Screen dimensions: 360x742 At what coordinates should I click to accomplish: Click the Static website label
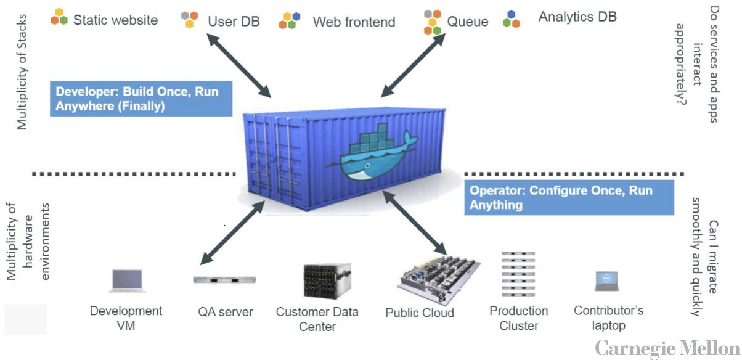[115, 20]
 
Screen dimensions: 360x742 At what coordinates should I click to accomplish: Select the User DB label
[234, 22]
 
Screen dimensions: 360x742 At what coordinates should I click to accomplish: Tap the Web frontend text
[354, 22]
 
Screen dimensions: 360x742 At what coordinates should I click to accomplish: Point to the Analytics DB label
[577, 17]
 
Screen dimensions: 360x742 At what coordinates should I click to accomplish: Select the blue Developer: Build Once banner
[141, 99]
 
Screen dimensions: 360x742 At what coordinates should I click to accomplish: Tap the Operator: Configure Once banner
[568, 198]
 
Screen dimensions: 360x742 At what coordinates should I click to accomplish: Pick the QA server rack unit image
[225, 279]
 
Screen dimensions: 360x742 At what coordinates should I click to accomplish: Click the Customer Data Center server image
[327, 281]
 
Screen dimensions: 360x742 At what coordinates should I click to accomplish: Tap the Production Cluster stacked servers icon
[518, 275]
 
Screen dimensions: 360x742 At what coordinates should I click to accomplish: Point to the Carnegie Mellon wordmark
[667, 348]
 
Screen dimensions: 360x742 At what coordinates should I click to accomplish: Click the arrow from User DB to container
[238, 65]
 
